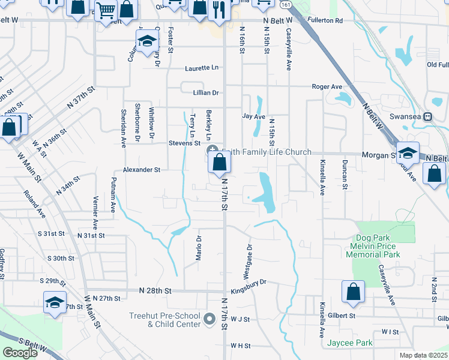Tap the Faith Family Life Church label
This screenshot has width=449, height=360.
click(267, 152)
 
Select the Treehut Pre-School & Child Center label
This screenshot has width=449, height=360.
click(164, 320)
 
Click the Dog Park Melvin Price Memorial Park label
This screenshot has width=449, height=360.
click(381, 247)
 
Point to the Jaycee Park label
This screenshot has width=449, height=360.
click(350, 343)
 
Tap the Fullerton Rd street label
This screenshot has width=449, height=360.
click(325, 20)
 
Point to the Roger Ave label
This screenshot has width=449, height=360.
click(327, 87)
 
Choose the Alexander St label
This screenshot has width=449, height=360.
click(142, 170)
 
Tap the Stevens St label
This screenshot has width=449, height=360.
click(184, 143)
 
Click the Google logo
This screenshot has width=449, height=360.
click(20, 352)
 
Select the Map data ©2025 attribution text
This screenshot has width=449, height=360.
click(424, 355)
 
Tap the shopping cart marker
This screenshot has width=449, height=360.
click(106, 10)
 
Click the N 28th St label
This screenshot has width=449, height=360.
click(155, 290)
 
